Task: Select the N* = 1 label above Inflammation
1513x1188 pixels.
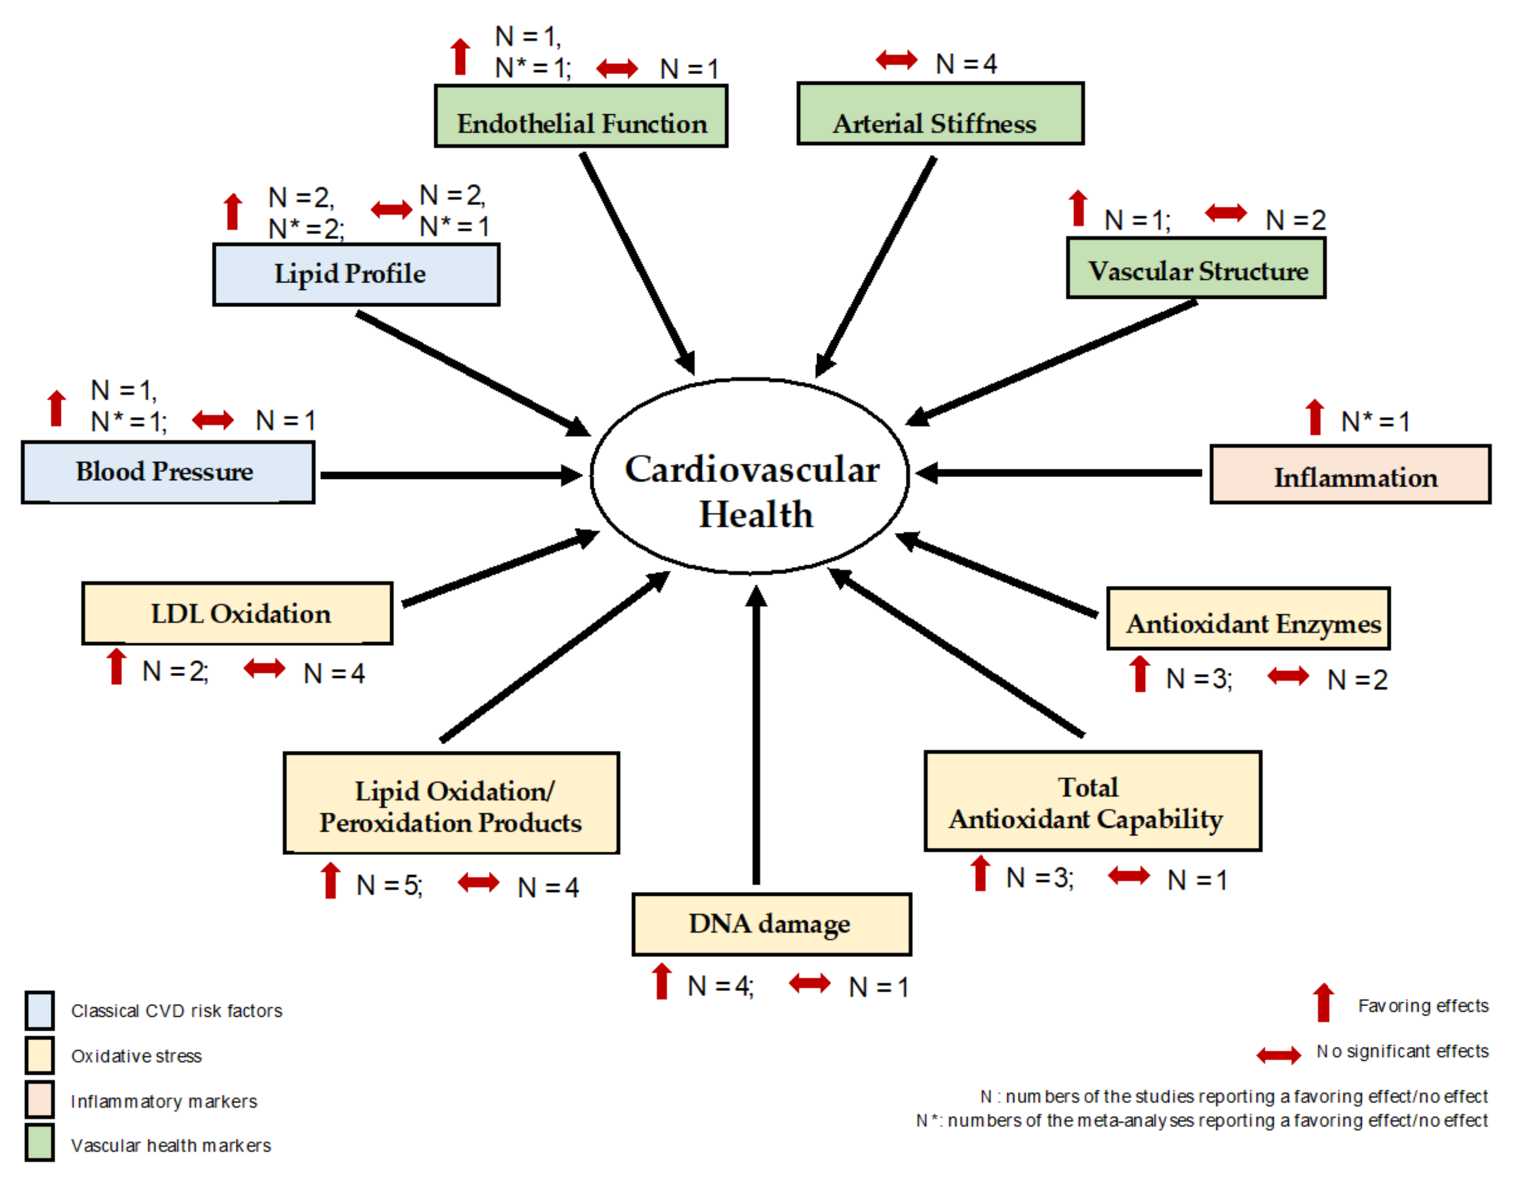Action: point(1375,421)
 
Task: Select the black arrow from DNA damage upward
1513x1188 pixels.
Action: point(756,737)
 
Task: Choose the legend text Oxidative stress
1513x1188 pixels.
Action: point(136,1056)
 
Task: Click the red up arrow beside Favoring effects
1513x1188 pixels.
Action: point(1324,1003)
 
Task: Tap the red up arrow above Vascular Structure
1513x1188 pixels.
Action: point(1078,208)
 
